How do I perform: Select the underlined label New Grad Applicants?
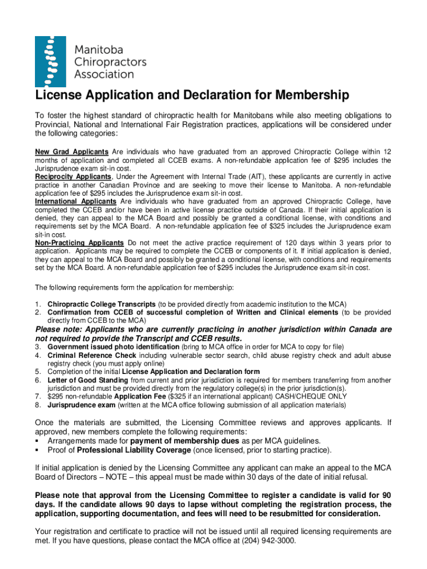(72, 152)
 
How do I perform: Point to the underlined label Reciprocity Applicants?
(73, 177)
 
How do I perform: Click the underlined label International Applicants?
(75, 201)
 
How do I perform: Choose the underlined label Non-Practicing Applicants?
(79, 243)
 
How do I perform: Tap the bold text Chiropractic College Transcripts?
(101, 304)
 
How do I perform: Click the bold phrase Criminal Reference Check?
(92, 355)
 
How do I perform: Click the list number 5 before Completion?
(37, 371)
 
